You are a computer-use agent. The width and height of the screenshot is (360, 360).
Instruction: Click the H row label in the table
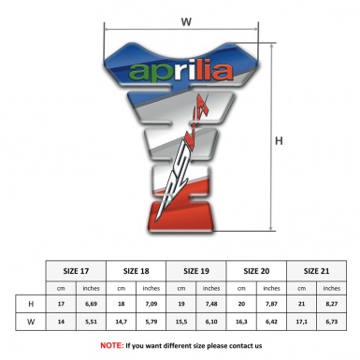[x=31, y=304]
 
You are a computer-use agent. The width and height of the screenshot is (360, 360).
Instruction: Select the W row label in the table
[x=31, y=323]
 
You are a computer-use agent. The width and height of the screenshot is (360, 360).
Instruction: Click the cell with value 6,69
[x=91, y=304]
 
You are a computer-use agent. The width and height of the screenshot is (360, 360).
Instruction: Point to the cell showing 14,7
[x=122, y=323]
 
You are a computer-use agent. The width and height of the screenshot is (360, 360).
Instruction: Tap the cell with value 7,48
[x=212, y=304]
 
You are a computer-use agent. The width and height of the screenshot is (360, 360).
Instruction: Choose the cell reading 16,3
[x=242, y=323]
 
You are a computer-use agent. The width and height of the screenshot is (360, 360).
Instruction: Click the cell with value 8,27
[x=332, y=304]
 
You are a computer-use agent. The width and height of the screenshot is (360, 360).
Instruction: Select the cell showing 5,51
[x=91, y=323]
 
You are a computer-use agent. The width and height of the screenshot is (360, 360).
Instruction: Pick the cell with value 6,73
[x=332, y=323]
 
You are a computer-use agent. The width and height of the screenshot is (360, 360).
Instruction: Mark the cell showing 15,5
[x=181, y=323]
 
